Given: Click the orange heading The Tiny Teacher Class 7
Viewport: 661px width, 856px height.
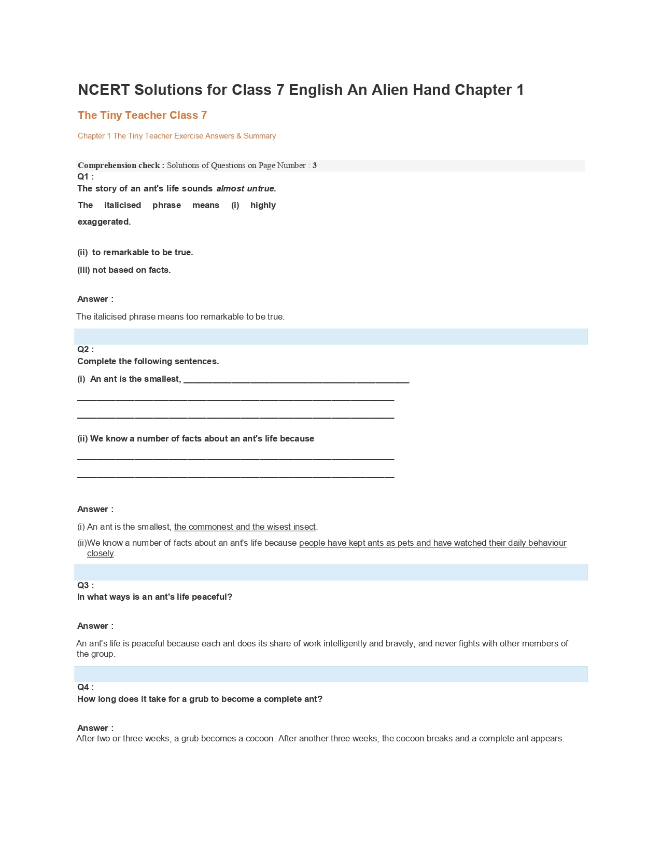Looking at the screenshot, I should pyautogui.click(x=142, y=115).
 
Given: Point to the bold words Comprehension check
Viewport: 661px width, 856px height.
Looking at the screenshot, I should pyautogui.click(x=120, y=165).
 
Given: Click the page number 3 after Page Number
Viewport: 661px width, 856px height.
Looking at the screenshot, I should pyautogui.click(x=315, y=165).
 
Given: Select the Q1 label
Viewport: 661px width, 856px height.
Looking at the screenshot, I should pyautogui.click(x=85, y=177).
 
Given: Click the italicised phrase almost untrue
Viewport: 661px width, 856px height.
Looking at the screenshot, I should pyautogui.click(x=246, y=189).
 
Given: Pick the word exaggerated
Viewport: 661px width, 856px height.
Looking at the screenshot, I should pyautogui.click(x=104, y=222).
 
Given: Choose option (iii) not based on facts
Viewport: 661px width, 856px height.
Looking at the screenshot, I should pyautogui.click(x=124, y=270).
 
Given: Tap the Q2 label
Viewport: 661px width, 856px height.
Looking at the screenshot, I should pyautogui.click(x=85, y=350).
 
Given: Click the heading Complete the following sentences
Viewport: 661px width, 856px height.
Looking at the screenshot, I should pyautogui.click(x=148, y=362).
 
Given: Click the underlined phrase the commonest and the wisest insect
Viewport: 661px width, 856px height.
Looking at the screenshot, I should pyautogui.click(x=245, y=527).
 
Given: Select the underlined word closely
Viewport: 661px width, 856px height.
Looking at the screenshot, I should pyautogui.click(x=100, y=554).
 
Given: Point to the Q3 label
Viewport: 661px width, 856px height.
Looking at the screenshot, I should pyautogui.click(x=85, y=586).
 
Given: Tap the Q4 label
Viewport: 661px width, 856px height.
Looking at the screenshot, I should pyautogui.click(x=85, y=687).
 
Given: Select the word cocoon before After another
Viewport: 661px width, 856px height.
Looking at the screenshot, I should pyautogui.click(x=256, y=739).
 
